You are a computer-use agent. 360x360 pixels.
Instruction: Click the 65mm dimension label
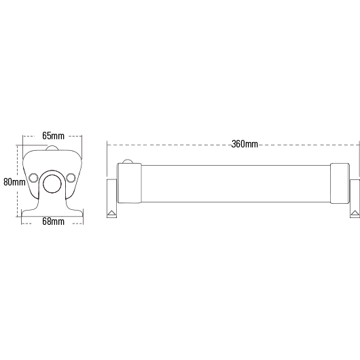[53, 136]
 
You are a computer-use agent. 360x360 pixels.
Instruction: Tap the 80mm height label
[14, 182]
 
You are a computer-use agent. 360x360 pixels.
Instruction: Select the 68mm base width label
[53, 221]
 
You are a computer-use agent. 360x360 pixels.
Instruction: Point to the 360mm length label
[245, 144]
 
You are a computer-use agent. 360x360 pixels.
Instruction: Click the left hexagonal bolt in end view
[33, 178]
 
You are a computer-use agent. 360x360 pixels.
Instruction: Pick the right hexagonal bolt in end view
[71, 178]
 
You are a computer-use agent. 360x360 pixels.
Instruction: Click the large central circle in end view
[52, 183]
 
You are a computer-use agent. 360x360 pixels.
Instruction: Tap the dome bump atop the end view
[52, 148]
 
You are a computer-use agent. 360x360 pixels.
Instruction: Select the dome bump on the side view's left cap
[128, 162]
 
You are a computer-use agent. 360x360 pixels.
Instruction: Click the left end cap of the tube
[129, 183]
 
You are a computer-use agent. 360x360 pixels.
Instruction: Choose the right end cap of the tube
[340, 183]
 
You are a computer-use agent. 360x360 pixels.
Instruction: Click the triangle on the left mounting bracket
[112, 213]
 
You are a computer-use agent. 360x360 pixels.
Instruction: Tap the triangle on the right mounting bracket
[355, 213]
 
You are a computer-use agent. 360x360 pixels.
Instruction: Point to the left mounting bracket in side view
[112, 198]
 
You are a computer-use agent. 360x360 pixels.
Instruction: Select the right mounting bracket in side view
[355, 198]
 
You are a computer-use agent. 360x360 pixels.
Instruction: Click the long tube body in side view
[236, 183]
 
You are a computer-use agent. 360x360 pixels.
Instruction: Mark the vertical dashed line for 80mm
[17, 181]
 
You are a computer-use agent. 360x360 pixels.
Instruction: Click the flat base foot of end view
[52, 213]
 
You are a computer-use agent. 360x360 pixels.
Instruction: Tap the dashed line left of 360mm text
[169, 145]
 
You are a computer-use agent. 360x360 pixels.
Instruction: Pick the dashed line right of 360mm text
[308, 145]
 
